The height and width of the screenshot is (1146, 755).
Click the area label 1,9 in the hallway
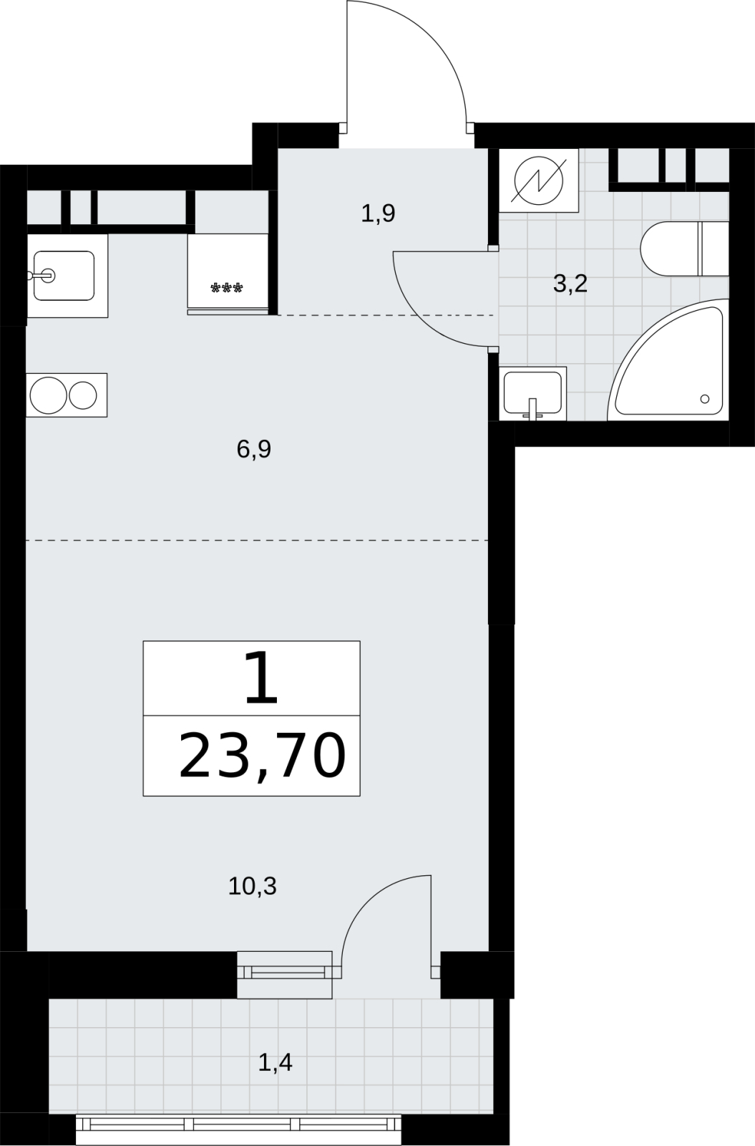pyautogui.click(x=379, y=213)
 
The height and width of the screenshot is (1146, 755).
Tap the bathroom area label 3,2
pyautogui.click(x=570, y=283)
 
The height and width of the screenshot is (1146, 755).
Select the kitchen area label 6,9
pyautogui.click(x=254, y=449)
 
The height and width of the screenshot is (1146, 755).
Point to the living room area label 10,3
pyautogui.click(x=253, y=886)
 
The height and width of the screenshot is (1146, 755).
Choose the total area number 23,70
pyautogui.click(x=262, y=756)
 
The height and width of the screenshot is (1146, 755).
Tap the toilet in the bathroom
pyautogui.click(x=684, y=249)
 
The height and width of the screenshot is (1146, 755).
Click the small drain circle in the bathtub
pyautogui.click(x=705, y=398)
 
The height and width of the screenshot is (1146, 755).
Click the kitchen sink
pyautogui.click(x=64, y=276)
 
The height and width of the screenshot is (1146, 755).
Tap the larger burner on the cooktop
pyautogui.click(x=49, y=395)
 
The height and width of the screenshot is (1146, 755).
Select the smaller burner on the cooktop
pyautogui.click(x=83, y=395)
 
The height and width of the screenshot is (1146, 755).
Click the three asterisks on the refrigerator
pyautogui.click(x=227, y=289)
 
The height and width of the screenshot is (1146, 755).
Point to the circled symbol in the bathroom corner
pyautogui.click(x=539, y=180)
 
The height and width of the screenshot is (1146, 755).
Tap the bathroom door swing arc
pyautogui.click(x=417, y=321)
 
